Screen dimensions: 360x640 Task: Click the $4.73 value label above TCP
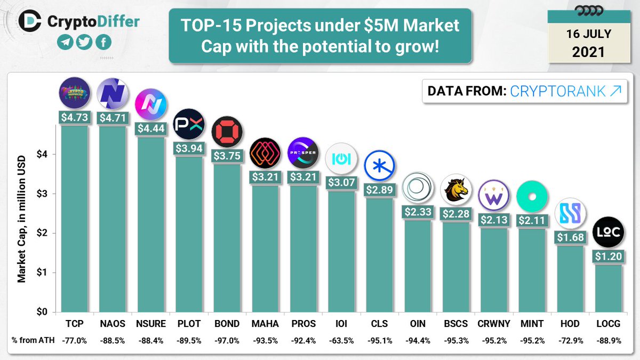click(x=74, y=117)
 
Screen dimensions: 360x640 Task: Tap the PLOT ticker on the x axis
click(x=189, y=323)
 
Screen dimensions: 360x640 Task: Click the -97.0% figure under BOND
click(x=227, y=341)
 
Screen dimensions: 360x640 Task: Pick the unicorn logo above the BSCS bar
click(x=457, y=189)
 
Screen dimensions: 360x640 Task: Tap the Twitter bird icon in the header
click(x=83, y=43)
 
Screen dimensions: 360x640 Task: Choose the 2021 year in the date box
click(x=588, y=52)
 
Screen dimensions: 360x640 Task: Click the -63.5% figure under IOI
click(x=341, y=341)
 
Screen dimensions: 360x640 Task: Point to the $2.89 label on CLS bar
click(x=379, y=190)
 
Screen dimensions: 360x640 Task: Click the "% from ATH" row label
click(x=30, y=341)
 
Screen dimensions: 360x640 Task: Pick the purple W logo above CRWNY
click(x=494, y=196)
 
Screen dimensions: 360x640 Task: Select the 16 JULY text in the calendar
click(x=588, y=34)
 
